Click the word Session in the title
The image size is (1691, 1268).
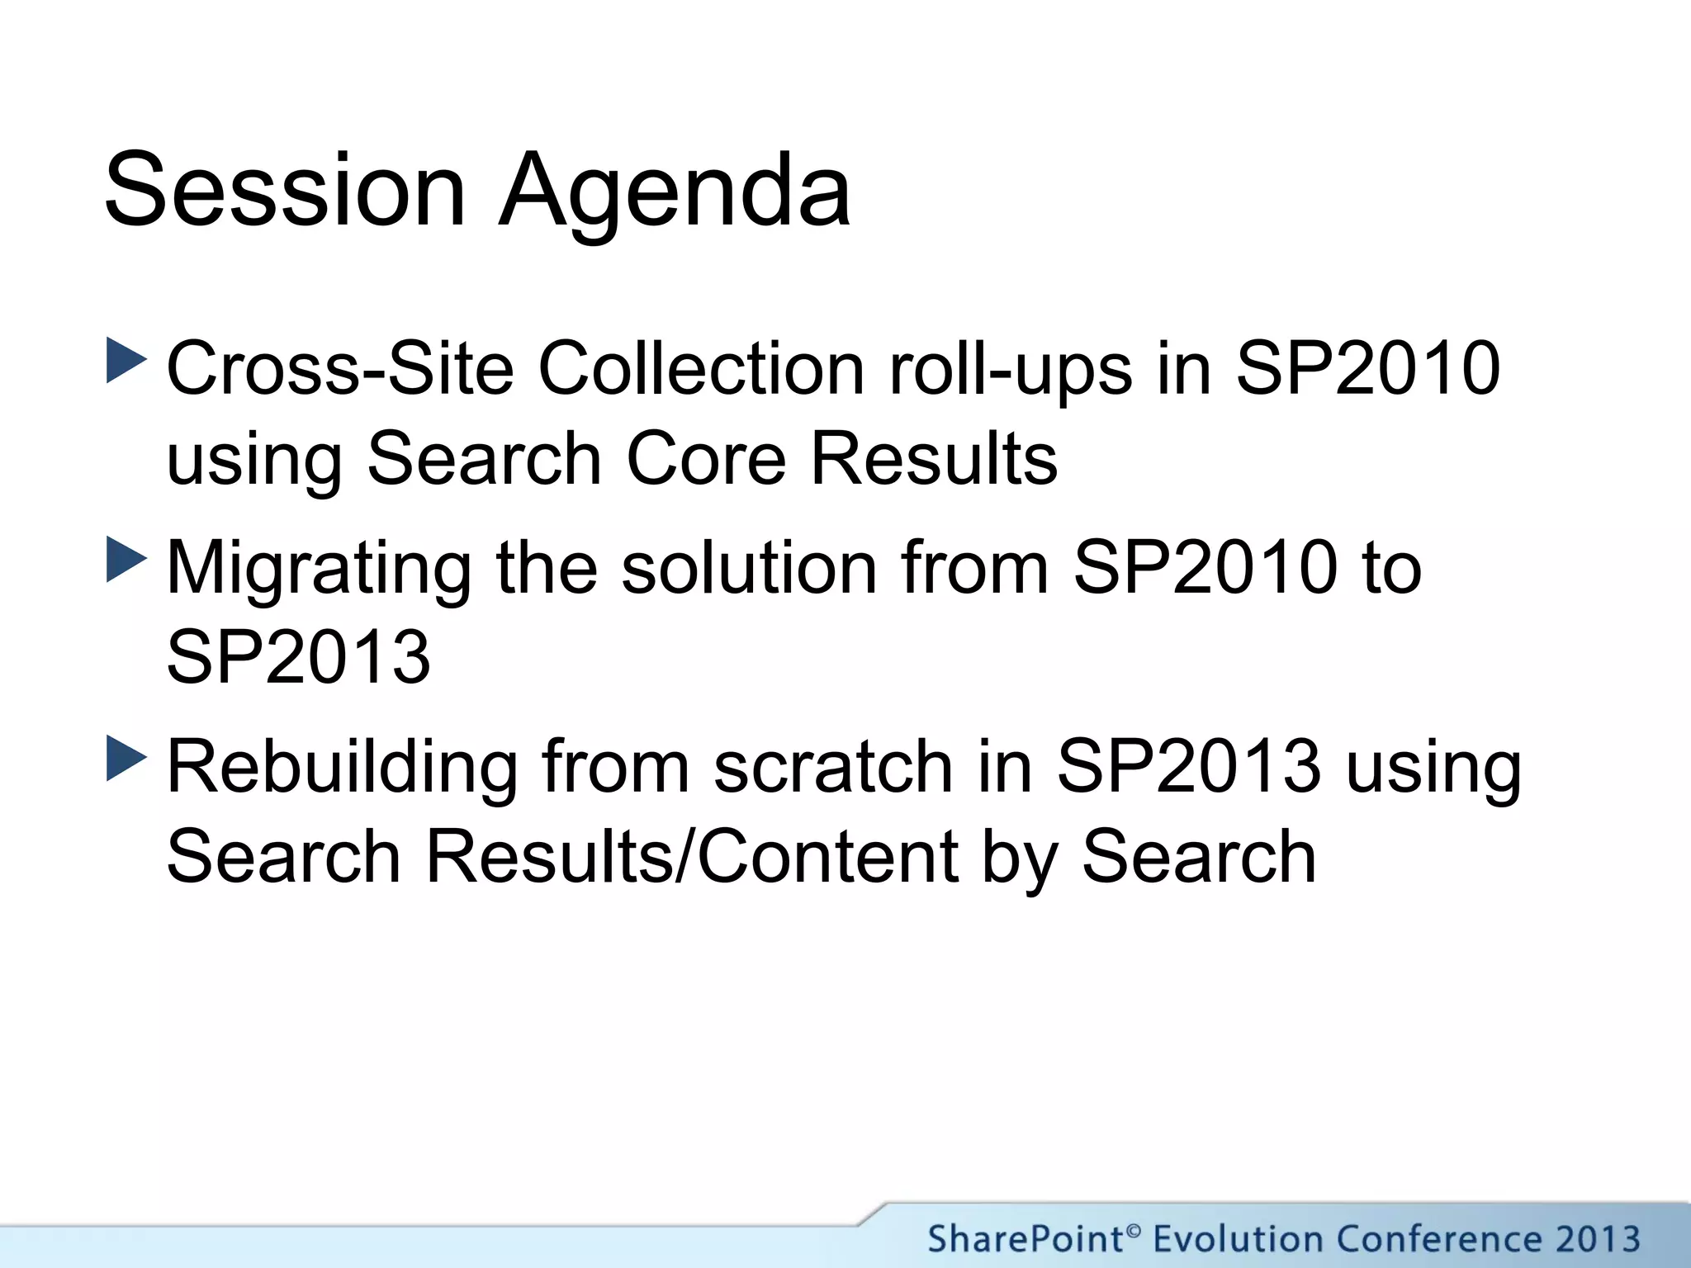click(285, 190)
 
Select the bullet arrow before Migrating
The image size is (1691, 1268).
click(126, 560)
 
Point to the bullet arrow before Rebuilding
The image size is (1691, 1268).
click(126, 759)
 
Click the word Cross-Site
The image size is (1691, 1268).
click(340, 368)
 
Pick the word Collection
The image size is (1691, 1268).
click(701, 368)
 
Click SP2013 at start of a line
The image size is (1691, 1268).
click(298, 657)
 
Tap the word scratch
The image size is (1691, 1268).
click(833, 768)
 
